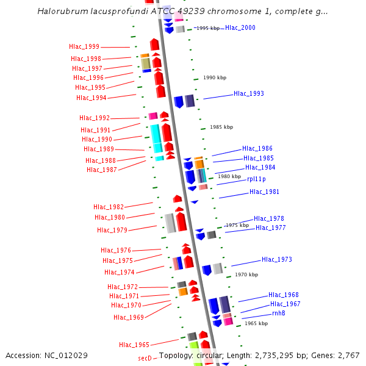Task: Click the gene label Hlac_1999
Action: (x=84, y=46)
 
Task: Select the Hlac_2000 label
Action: (x=240, y=28)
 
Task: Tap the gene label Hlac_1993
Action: (x=249, y=94)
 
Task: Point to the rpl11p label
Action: (x=256, y=179)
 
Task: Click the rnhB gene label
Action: (x=279, y=313)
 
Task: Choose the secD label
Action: (x=145, y=359)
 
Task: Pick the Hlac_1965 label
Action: (x=134, y=345)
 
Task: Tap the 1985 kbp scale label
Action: (x=221, y=127)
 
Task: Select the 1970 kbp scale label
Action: (x=246, y=274)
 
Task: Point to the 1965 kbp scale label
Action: (x=256, y=323)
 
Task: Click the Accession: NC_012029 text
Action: (x=46, y=355)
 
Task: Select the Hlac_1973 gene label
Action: (x=277, y=260)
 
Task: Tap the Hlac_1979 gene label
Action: (x=112, y=230)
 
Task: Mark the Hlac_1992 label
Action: (x=95, y=118)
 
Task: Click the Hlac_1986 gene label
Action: (x=257, y=149)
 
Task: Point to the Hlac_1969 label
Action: (x=129, y=317)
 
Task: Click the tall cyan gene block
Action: (x=156, y=139)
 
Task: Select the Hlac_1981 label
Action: (x=264, y=192)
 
